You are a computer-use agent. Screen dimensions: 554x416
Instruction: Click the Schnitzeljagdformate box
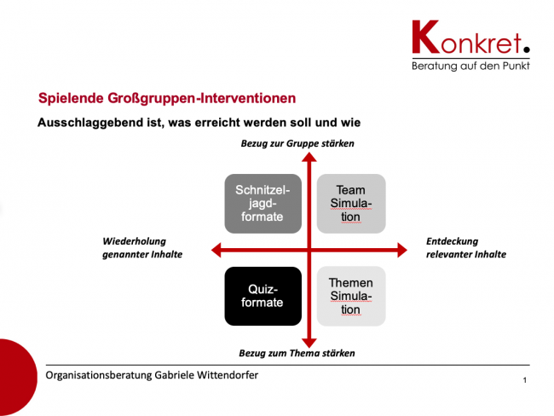tap(263, 204)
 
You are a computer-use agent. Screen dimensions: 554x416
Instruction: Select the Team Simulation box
tap(351, 204)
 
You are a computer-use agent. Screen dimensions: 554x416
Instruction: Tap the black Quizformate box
tap(263, 296)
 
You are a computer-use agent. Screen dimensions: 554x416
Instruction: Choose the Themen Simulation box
tap(351, 296)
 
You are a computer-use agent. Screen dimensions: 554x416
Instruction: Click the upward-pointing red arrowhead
tap(309, 158)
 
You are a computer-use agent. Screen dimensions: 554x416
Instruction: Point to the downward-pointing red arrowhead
tap(309, 343)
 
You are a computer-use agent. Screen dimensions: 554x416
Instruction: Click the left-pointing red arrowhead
tap(216, 250)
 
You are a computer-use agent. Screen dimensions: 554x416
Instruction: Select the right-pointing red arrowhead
tap(402, 250)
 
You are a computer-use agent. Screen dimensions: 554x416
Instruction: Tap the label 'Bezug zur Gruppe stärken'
tap(297, 143)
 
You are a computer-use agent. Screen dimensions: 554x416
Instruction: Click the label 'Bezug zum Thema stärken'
tap(297, 353)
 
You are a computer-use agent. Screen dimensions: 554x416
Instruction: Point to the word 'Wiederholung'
tap(135, 242)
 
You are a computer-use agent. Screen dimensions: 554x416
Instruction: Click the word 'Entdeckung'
tap(452, 242)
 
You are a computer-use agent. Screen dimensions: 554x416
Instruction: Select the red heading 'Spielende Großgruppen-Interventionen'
tap(167, 98)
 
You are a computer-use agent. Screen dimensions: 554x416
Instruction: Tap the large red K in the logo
tap(426, 37)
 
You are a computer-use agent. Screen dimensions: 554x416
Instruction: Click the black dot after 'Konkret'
tap(527, 49)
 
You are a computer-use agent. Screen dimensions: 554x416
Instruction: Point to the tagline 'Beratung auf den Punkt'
tap(470, 66)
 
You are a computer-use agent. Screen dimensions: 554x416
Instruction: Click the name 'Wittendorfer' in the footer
tap(228, 375)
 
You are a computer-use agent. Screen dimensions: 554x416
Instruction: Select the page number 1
tap(525, 380)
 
